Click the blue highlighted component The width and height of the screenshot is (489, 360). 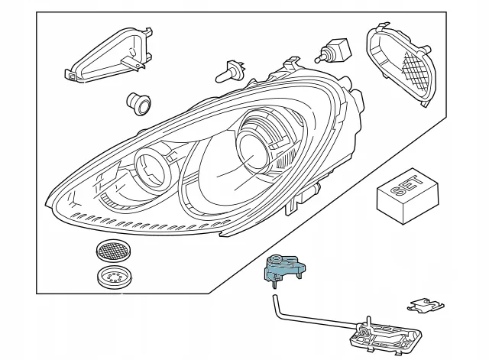283,268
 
